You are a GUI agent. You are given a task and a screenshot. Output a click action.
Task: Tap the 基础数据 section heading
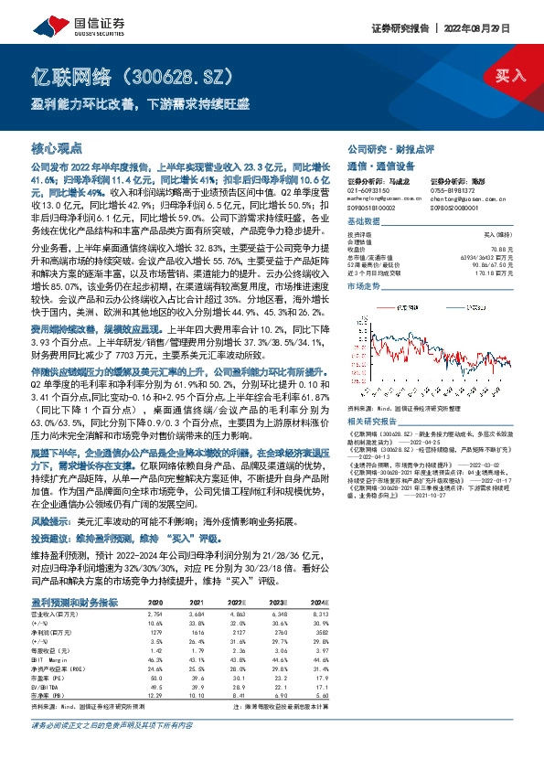pyautogui.click(x=362, y=221)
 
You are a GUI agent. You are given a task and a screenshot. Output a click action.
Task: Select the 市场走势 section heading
pyautogui.click(x=362, y=287)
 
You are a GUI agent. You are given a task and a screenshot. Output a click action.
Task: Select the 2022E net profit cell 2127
pyautogui.click(x=237, y=632)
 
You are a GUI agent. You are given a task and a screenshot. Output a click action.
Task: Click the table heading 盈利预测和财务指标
pyautogui.click(x=72, y=603)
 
